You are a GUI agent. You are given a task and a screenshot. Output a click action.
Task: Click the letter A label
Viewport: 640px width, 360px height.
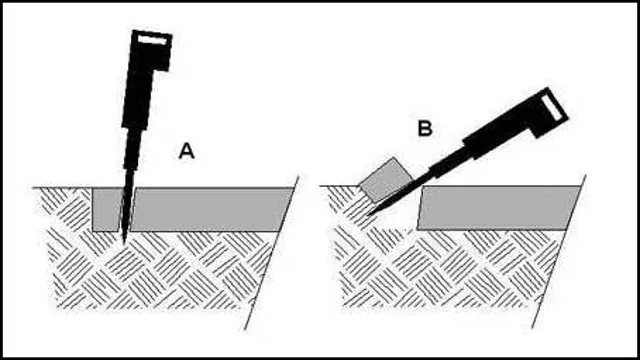pos(186,151)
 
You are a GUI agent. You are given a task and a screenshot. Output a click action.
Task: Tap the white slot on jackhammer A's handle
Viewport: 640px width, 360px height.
pos(152,40)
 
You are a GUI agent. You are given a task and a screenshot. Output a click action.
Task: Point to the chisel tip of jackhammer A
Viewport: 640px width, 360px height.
pos(123,241)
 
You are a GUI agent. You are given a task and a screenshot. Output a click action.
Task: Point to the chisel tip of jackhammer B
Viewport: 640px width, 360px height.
pos(368,215)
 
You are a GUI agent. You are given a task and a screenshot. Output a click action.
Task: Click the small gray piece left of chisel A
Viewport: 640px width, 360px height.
pos(104,208)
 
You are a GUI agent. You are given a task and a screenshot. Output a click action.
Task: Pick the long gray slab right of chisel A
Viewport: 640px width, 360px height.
pos(210,208)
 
